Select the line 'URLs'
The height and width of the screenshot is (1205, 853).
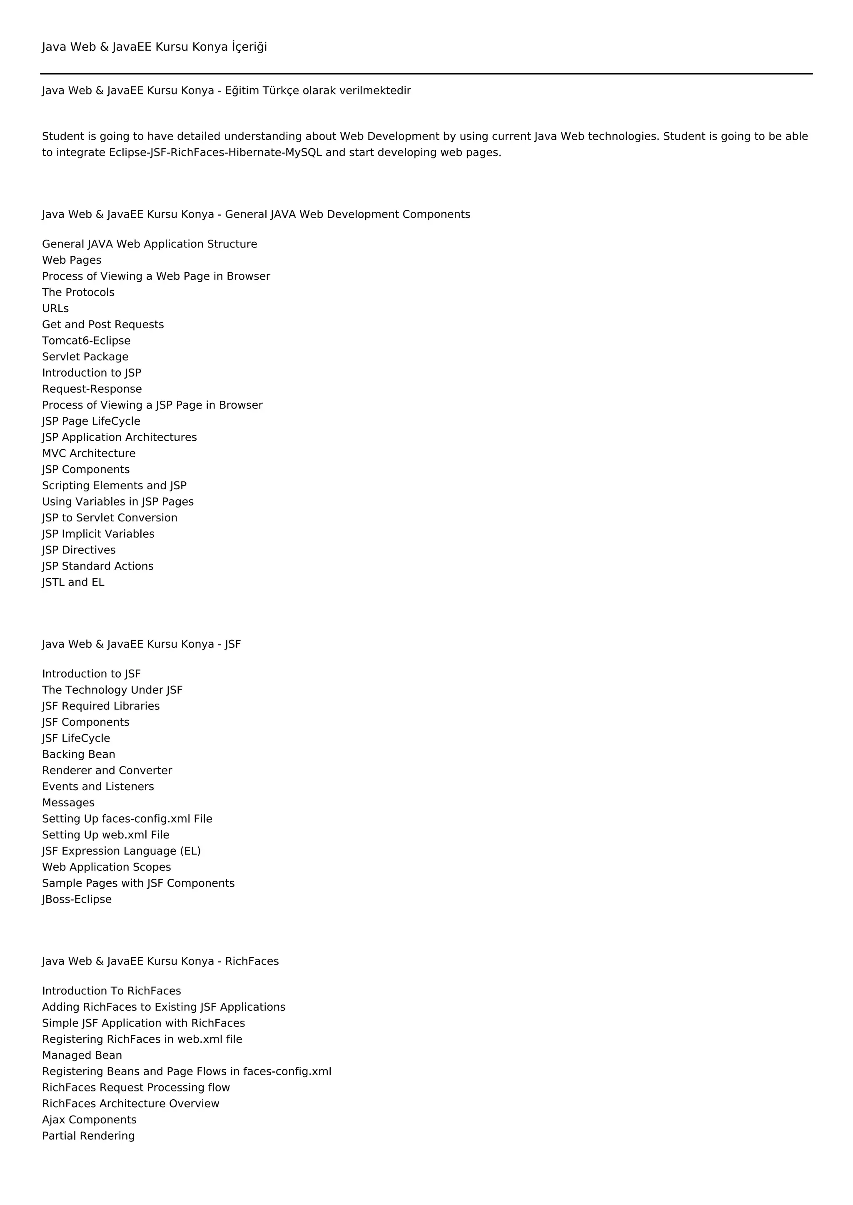point(55,309)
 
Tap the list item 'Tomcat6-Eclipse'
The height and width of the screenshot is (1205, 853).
point(86,341)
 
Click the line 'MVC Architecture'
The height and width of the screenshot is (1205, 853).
point(89,454)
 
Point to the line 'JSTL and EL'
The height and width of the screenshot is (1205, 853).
point(73,582)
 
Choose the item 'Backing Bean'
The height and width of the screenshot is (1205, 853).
point(79,754)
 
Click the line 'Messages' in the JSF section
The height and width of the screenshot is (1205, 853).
point(68,803)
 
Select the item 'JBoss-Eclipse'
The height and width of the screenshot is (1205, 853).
point(77,899)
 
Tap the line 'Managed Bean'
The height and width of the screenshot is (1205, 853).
point(82,1056)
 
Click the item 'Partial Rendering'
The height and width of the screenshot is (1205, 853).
point(88,1136)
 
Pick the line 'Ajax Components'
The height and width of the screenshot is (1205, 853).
point(89,1120)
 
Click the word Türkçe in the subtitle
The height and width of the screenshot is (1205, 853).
point(280,91)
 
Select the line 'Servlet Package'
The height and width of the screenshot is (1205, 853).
point(85,357)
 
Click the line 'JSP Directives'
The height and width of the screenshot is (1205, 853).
point(79,550)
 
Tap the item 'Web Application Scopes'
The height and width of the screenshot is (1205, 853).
point(107,867)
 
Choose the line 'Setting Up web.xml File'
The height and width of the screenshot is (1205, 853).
point(105,835)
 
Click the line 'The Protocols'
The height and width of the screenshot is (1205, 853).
point(78,293)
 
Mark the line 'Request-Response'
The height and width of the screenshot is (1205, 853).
point(92,389)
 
